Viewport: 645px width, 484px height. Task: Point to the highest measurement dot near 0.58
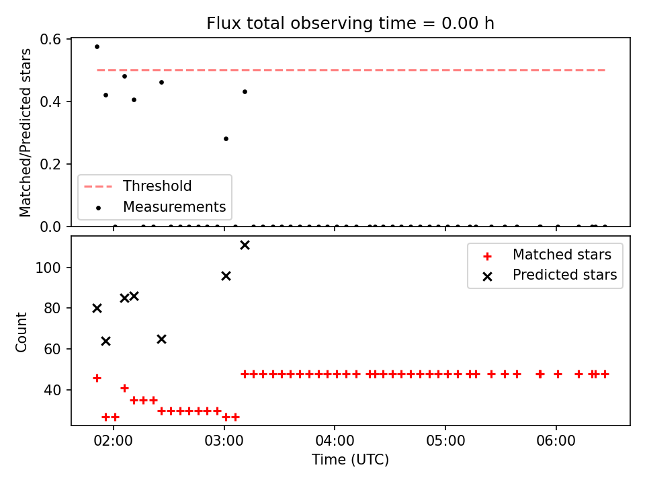click(97, 47)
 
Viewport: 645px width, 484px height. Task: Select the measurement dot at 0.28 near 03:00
click(226, 138)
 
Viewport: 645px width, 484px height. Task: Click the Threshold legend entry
click(138, 186)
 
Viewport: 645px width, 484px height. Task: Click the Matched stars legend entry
click(547, 255)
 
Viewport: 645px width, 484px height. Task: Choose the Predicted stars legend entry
click(550, 275)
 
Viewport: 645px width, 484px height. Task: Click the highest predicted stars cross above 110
click(245, 245)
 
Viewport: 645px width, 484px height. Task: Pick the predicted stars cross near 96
click(226, 276)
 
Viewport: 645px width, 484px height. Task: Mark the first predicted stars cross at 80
click(97, 309)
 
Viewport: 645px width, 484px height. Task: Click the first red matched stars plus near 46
click(97, 378)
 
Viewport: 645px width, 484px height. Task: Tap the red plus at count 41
click(125, 388)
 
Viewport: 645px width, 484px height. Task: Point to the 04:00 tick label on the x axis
click(335, 441)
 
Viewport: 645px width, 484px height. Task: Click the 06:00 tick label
click(556, 441)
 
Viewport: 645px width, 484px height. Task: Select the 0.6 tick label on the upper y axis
click(50, 40)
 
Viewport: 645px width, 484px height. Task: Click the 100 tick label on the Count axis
click(48, 268)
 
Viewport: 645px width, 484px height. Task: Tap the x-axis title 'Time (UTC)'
click(350, 459)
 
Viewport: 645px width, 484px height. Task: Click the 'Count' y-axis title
click(21, 332)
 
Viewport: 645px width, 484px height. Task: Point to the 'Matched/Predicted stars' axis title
click(26, 132)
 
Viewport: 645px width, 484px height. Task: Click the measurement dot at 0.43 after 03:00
click(245, 92)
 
